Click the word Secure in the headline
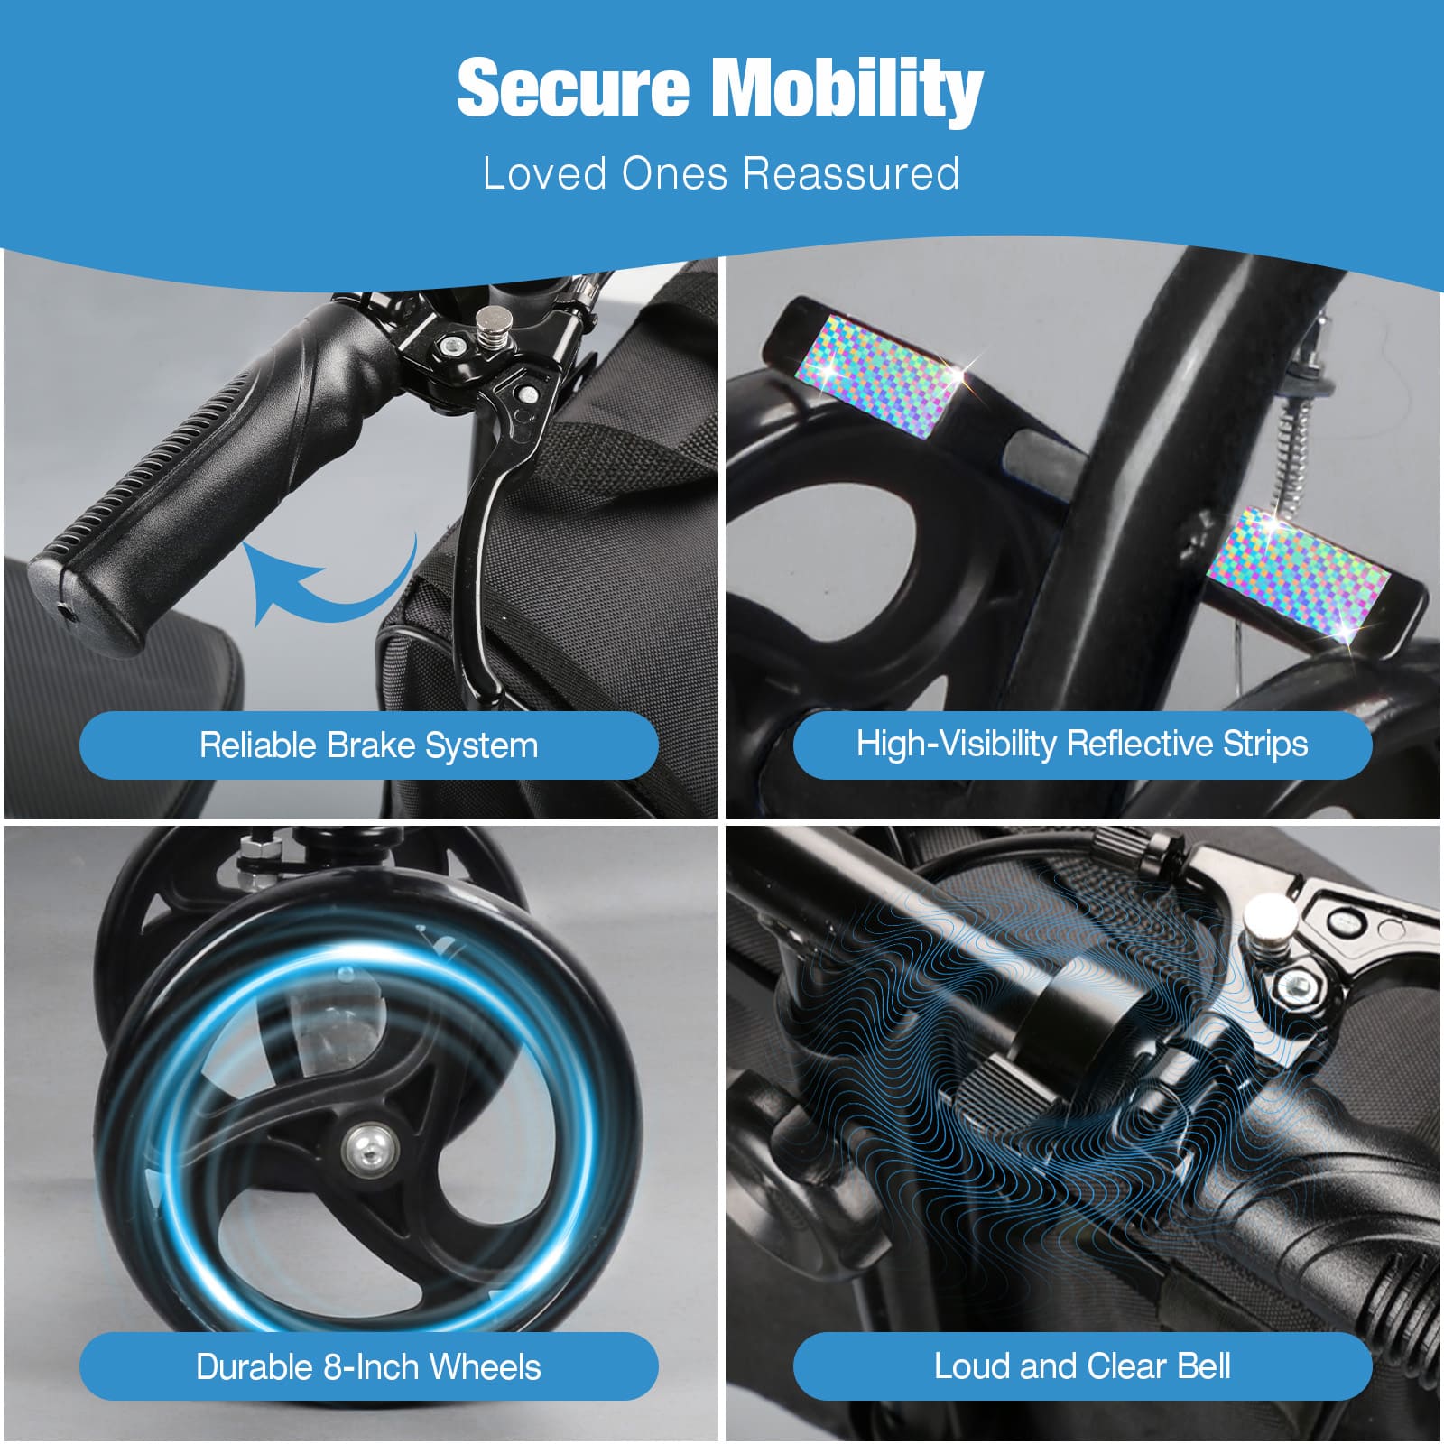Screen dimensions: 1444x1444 pyautogui.click(x=572, y=88)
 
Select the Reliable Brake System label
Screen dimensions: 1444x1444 pyautogui.click(x=368, y=745)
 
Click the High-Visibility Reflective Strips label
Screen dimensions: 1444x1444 pyautogui.click(x=1082, y=744)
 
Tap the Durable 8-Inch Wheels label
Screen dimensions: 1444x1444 pyautogui.click(x=368, y=1366)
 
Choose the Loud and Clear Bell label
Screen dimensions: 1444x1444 pyautogui.click(x=1082, y=1365)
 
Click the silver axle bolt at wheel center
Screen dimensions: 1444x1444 pyautogui.click(x=369, y=1145)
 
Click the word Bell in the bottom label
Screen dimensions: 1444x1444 pyautogui.click(x=1204, y=1365)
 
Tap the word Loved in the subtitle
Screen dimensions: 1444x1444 pyautogui.click(x=545, y=173)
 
